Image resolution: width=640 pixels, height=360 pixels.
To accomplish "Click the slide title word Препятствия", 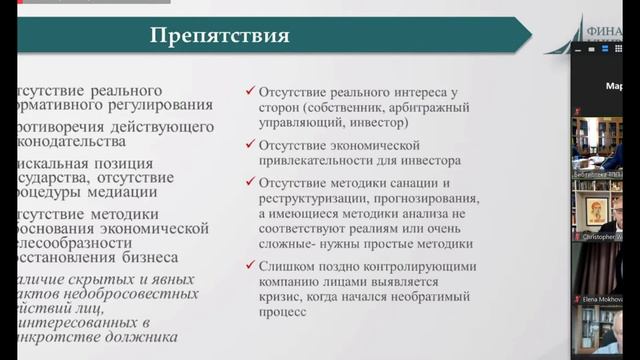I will (220, 37).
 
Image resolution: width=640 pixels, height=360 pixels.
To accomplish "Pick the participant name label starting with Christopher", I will (604, 237).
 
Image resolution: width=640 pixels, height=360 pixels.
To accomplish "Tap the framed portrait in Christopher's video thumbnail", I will (599, 209).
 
